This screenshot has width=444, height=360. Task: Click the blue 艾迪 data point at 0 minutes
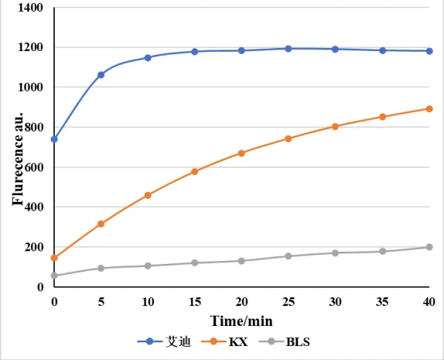click(x=54, y=139)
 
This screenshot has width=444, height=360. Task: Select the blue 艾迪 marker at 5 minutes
click(x=101, y=75)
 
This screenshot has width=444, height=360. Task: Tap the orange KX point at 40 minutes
click(x=429, y=109)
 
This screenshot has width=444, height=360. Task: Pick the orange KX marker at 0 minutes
click(x=54, y=258)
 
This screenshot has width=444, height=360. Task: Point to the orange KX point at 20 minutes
click(x=241, y=153)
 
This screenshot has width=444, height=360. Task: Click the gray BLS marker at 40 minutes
click(x=429, y=247)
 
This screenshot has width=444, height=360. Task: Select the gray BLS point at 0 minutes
click(x=54, y=276)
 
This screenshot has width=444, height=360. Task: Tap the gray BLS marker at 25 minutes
click(x=289, y=256)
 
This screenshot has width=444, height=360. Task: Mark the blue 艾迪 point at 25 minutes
click(x=289, y=49)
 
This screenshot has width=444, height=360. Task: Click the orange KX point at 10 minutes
click(x=148, y=195)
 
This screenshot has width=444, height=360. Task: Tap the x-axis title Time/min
click(x=241, y=320)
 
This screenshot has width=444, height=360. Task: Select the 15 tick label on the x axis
click(x=195, y=302)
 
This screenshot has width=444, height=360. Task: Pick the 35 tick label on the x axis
click(x=382, y=302)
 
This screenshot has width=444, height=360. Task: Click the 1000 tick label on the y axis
click(x=32, y=87)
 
